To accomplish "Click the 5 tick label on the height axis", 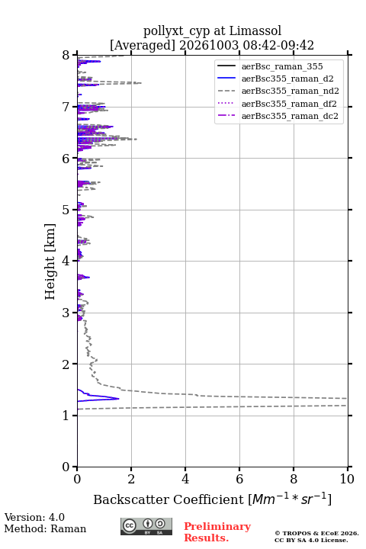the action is coord(66,210).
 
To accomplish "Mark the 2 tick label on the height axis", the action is coord(66,364).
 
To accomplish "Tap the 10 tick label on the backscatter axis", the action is coord(347,479).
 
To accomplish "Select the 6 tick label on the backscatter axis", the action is coord(239,479).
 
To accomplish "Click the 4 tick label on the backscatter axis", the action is coord(185,479).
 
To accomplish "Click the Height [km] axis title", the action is coord(50,262).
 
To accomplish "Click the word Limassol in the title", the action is coord(255,30).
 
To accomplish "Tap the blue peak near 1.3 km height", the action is coord(118,399).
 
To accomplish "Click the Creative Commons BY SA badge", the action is coord(146,527).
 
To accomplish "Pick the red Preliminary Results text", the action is coord(217,531).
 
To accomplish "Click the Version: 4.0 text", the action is coord(34,517).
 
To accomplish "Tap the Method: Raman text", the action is coord(45,528).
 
